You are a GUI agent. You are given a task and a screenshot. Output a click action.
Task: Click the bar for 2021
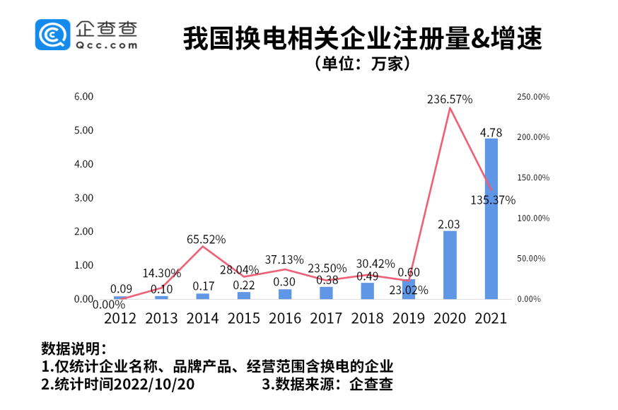coord(491,219)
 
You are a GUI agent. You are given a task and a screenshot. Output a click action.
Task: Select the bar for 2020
coord(450,265)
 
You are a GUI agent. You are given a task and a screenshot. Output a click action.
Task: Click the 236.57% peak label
coord(450,100)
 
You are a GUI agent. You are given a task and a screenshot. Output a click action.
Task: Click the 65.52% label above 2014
coord(206,240)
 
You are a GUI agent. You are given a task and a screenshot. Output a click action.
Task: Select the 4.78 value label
coord(491,132)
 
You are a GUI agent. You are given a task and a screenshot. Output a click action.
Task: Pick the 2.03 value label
coord(449,224)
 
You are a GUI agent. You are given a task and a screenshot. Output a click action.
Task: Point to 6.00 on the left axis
coord(84,96)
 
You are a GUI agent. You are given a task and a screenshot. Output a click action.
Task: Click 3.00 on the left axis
coord(84,198)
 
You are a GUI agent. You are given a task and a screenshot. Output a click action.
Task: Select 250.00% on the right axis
coord(533,97)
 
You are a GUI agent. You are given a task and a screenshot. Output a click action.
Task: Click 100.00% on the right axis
coord(533,218)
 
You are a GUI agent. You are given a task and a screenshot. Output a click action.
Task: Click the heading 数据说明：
coord(74,349)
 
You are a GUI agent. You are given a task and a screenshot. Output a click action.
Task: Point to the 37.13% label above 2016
coord(284,259)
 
